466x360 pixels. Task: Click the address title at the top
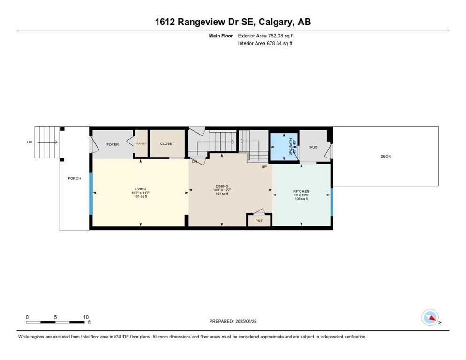(x=233, y=22)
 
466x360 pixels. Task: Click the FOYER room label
(x=113, y=144)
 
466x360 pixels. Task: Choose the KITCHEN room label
(x=301, y=191)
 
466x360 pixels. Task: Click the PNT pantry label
(x=259, y=220)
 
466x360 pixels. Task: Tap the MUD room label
(x=313, y=147)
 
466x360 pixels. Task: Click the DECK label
(x=385, y=156)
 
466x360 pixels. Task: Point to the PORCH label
(x=74, y=178)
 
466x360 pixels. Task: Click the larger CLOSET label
(x=167, y=143)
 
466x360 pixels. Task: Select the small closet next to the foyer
(x=141, y=144)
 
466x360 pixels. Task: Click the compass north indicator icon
(x=430, y=317)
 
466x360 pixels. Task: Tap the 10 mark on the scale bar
(x=85, y=317)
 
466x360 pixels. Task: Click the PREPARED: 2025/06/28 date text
(x=233, y=321)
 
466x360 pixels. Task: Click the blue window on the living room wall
(x=91, y=193)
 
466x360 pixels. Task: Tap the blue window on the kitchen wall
(x=331, y=202)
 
